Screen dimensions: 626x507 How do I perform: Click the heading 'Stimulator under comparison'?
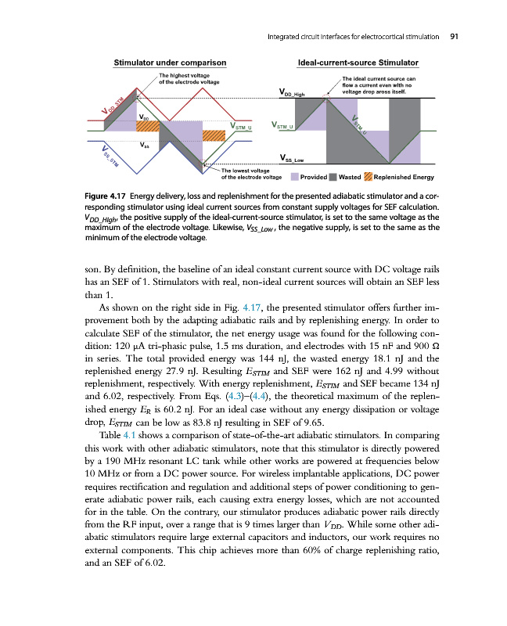[x=171, y=63]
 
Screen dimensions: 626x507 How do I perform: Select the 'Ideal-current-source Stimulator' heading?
[x=358, y=63]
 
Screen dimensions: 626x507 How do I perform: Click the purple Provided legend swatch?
[x=293, y=176]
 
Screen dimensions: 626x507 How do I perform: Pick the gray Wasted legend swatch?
[x=333, y=176]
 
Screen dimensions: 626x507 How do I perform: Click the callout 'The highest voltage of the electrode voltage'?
[x=189, y=77]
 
